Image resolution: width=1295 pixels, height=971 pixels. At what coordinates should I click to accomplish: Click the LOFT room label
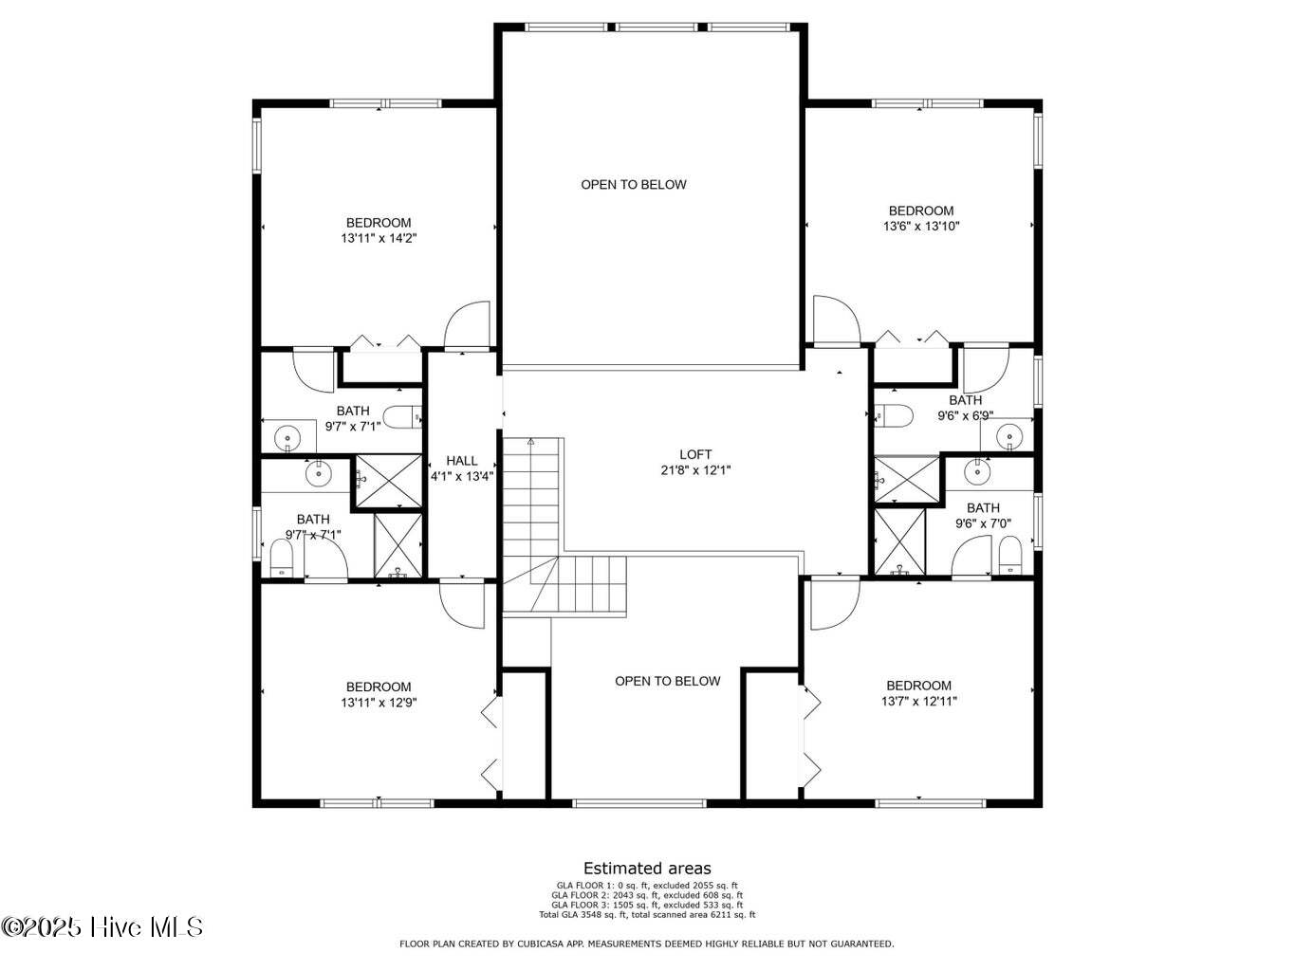pos(694,454)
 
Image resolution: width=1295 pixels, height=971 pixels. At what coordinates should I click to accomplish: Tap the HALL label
pos(462,461)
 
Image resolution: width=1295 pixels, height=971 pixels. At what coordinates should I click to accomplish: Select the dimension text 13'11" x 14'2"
pos(379,238)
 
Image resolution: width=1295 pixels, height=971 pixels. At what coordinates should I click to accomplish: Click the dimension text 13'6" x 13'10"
pos(920,226)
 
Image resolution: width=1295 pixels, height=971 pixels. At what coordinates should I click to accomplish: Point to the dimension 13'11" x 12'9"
pos(379,703)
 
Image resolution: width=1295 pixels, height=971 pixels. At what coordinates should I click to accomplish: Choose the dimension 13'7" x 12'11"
pos(918,701)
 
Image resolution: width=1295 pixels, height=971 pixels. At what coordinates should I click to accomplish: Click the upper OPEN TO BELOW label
pos(633,184)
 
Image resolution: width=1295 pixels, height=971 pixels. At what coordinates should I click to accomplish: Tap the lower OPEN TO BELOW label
pos(667,681)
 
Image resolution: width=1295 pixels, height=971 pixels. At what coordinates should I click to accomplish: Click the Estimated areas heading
pos(647,868)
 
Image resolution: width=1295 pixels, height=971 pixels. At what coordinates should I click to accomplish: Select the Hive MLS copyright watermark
pos(102,926)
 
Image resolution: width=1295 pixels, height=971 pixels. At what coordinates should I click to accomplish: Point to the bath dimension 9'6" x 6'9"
pos(965,415)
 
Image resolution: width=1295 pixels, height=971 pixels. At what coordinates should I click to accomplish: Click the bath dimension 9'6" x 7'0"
pos(983,522)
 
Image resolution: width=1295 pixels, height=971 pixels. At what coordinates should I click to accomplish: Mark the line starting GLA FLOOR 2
pos(647,894)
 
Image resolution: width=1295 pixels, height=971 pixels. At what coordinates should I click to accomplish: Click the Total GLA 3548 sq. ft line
pos(647,915)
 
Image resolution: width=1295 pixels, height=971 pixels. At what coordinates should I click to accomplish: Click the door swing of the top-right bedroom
pos(835,321)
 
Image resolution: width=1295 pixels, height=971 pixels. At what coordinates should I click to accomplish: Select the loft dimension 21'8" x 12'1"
pos(695,469)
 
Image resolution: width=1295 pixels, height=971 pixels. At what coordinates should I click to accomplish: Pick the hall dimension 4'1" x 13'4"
pos(462,476)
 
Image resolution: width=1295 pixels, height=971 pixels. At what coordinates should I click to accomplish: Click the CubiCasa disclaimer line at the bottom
pos(646,944)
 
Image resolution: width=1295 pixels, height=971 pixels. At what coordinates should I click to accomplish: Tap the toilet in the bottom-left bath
pos(282,559)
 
